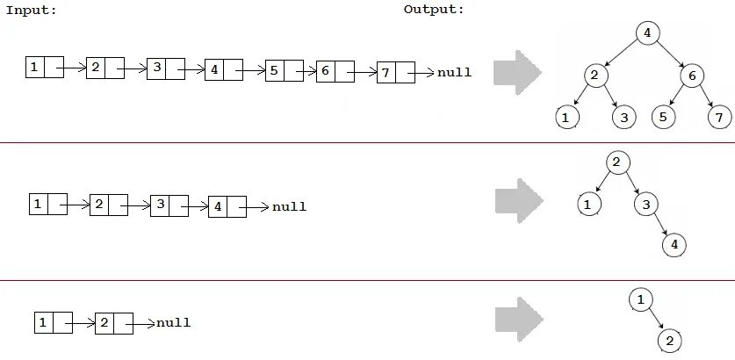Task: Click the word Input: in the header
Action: pyautogui.click(x=30, y=10)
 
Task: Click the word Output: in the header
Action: pyautogui.click(x=434, y=10)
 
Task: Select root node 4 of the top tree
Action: pyautogui.click(x=647, y=34)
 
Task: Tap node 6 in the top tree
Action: pyautogui.click(x=692, y=76)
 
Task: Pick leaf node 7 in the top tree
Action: pyautogui.click(x=719, y=117)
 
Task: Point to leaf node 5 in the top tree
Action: pyautogui.click(x=664, y=117)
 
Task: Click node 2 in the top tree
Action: pyautogui.click(x=594, y=76)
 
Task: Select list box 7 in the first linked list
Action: pyautogui.click(x=395, y=73)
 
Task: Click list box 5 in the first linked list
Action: pyautogui.click(x=285, y=71)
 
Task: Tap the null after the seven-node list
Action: pyautogui.click(x=454, y=73)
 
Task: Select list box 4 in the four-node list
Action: pyautogui.click(x=227, y=207)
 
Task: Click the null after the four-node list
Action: pyautogui.click(x=289, y=207)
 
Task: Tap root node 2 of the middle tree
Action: pyautogui.click(x=616, y=162)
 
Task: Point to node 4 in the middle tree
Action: pyautogui.click(x=674, y=245)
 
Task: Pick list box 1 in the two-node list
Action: pyautogui.click(x=53, y=322)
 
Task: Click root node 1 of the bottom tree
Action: pyautogui.click(x=641, y=300)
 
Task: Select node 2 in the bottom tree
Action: pyautogui.click(x=669, y=340)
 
